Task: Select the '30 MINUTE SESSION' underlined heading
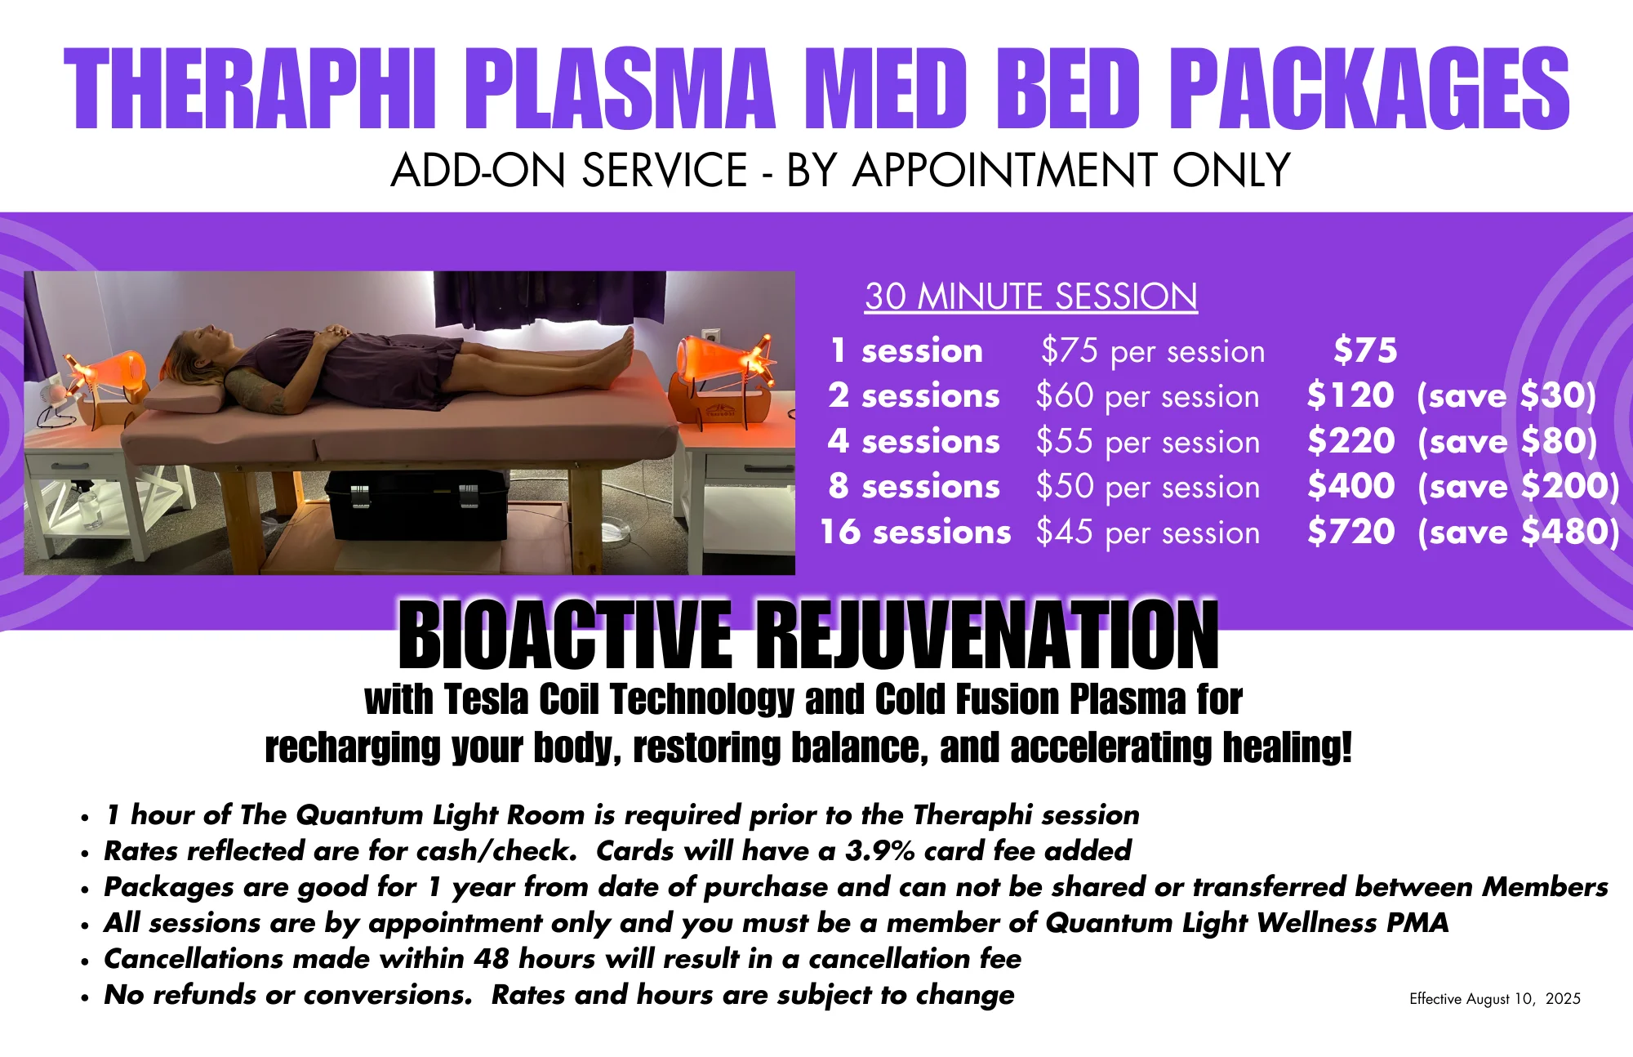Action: (x=1030, y=297)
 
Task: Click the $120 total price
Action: (x=1350, y=396)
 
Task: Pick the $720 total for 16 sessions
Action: (x=1350, y=533)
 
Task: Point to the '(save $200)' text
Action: (x=1518, y=487)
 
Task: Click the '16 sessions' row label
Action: (x=915, y=533)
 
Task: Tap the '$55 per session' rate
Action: (x=1147, y=442)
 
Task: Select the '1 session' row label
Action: (x=906, y=351)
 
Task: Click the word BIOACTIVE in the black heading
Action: (x=565, y=636)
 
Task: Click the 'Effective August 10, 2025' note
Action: (x=1494, y=999)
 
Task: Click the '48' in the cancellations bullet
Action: (x=492, y=959)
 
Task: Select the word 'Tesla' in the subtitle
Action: (x=487, y=700)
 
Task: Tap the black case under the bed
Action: (x=416, y=506)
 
